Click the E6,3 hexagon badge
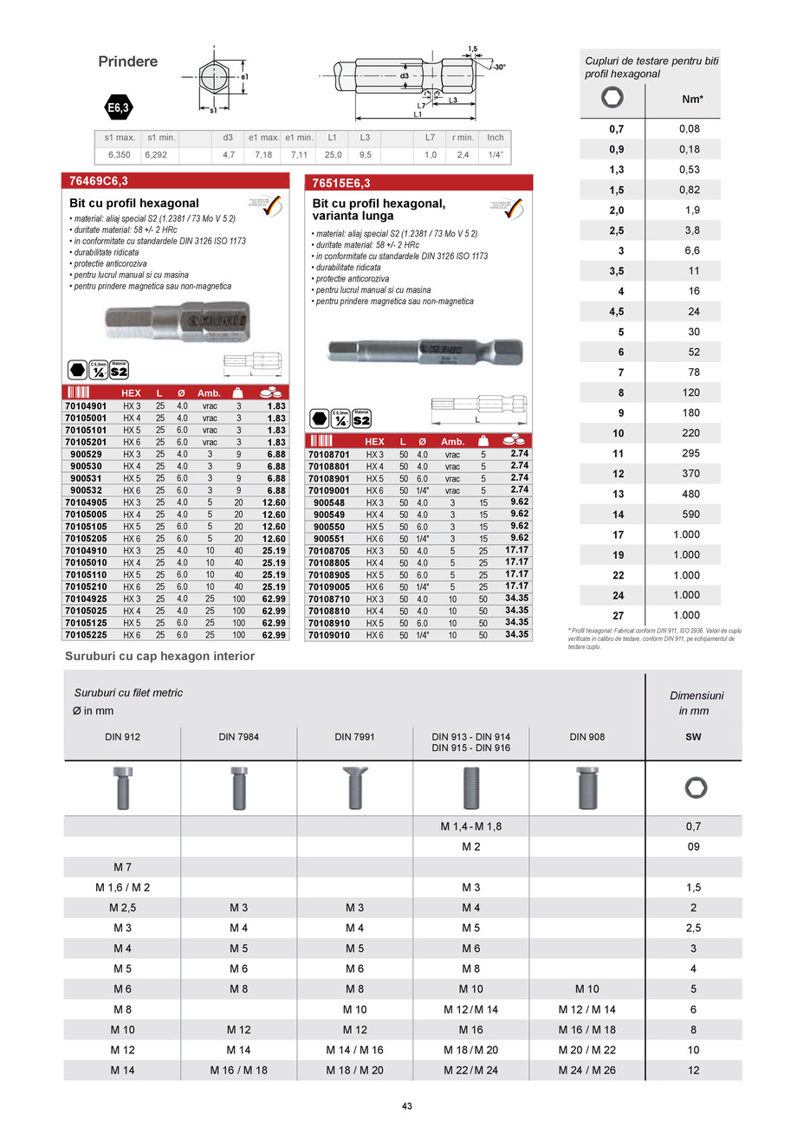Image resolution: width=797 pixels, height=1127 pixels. click(117, 109)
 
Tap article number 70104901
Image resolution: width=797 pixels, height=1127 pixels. click(85, 405)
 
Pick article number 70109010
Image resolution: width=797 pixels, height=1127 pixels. click(329, 635)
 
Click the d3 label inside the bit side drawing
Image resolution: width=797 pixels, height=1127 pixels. click(405, 76)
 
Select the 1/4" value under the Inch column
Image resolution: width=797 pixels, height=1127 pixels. click(495, 155)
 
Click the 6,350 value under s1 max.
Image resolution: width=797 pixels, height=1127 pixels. click(118, 155)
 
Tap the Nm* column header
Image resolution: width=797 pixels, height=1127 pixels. click(692, 100)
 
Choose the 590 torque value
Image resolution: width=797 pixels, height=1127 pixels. click(688, 515)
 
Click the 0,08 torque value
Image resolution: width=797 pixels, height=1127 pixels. click(688, 129)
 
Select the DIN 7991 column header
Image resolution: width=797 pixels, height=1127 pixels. click(354, 737)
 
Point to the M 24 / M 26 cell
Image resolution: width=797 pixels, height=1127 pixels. click(587, 1070)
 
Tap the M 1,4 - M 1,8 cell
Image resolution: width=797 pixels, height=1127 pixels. click(470, 826)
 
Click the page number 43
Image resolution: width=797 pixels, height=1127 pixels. click(406, 1105)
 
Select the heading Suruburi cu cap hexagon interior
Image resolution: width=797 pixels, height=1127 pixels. click(160, 657)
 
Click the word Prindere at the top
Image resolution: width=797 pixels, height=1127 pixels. click(128, 62)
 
